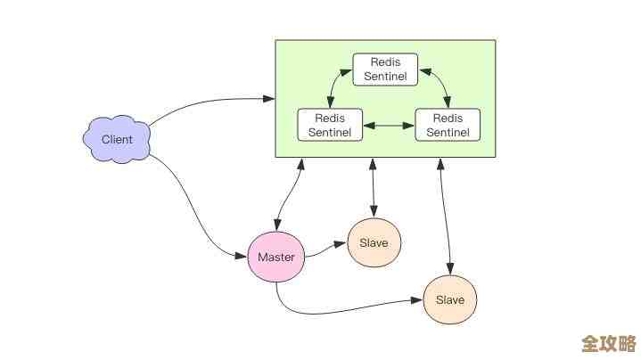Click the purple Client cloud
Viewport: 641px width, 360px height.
coord(117,139)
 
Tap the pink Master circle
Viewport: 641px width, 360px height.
coord(275,257)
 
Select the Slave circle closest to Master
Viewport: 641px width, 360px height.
coord(374,242)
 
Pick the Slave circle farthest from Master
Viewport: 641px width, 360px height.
coord(449,299)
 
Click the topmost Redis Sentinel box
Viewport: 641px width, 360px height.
coord(385,70)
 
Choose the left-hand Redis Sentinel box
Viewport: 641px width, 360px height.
coord(330,125)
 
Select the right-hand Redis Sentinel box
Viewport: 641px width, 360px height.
coord(448,125)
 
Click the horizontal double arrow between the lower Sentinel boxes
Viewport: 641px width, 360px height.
coord(389,126)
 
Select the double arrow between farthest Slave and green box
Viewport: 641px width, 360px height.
coord(444,214)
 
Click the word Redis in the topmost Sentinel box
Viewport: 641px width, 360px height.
coord(385,63)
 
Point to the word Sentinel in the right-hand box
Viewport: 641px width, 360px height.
coord(448,132)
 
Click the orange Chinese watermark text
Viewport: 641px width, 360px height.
coord(608,343)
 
